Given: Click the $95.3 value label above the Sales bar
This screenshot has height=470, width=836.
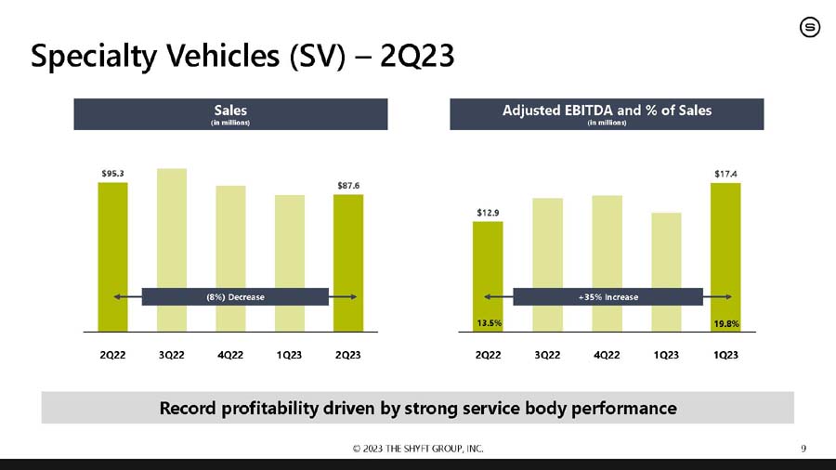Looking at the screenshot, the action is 112,174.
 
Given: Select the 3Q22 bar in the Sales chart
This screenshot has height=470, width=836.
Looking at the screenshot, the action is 172,250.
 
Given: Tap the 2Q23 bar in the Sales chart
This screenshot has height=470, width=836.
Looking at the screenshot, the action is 348,263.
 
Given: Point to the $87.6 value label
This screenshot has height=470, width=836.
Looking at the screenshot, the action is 348,186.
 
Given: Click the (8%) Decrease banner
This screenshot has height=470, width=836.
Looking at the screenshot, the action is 235,297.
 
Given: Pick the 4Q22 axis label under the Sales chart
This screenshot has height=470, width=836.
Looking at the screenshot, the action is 230,355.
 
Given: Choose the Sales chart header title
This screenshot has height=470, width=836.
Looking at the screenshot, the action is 230,111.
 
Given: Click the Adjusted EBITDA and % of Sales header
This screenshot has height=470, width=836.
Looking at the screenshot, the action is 607,111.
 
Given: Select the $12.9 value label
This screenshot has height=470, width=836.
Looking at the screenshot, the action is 488,213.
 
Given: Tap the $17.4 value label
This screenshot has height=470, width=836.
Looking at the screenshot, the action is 725,174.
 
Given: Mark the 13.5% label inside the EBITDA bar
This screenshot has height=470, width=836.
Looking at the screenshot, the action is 489,323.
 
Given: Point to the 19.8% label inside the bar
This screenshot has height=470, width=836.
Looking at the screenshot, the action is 726,323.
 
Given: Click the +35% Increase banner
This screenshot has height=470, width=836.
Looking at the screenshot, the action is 607,297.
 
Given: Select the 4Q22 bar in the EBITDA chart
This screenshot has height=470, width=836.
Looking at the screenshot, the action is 607,264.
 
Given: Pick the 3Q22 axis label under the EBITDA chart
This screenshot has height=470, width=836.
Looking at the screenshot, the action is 547,355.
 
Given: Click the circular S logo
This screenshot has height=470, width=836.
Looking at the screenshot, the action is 810,27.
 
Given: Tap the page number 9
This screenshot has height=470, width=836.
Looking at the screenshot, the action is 803,448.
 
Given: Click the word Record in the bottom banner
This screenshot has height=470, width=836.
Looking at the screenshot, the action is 187,408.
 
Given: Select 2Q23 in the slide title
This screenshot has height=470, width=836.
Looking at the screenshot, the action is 417,56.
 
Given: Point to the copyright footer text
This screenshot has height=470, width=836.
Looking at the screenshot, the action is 418,449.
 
